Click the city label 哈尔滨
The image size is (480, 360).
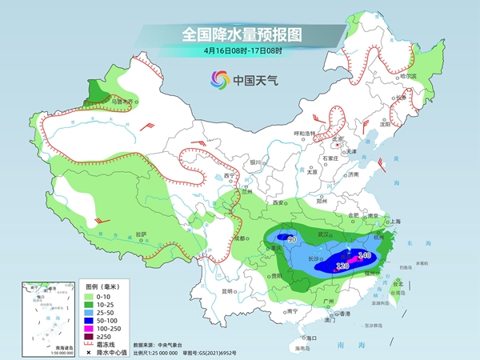point(408,76)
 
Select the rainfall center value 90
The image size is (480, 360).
point(292,239)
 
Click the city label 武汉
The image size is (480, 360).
point(324,234)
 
